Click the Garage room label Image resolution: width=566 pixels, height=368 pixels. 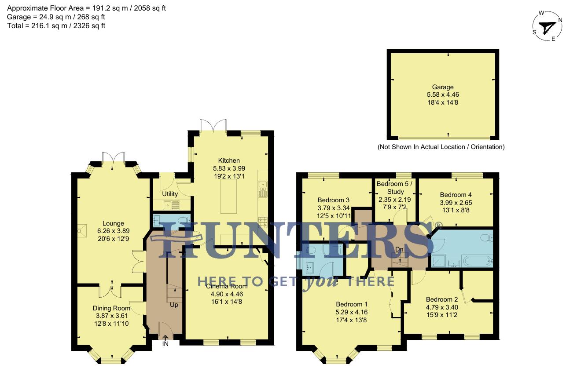click(442, 87)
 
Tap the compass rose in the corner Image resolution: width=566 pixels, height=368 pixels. click(547, 27)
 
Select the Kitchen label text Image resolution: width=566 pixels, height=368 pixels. click(229, 160)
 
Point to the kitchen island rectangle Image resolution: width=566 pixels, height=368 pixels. click(228, 197)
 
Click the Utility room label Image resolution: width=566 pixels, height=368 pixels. click(170, 194)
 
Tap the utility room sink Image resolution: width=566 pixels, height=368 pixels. click(170, 204)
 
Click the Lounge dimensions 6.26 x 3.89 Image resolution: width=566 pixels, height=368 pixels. click(114, 230)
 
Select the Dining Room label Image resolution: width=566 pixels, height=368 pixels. click(111, 308)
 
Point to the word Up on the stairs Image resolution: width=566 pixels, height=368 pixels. click(174, 305)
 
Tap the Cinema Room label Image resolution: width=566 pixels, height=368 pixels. click(227, 286)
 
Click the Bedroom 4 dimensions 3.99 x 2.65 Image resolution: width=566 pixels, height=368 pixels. click(456, 202)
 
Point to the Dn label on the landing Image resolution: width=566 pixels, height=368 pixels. click(399, 249)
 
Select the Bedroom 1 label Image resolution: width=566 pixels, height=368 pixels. click(352, 304)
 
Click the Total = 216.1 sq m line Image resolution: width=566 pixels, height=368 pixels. click(56, 26)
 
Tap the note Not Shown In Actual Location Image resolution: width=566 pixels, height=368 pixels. click(441, 147)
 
